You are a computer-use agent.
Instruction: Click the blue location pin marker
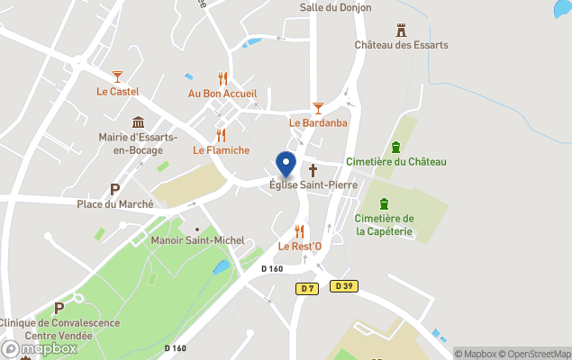coord(286,164)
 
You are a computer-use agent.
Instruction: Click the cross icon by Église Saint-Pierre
coord(313,169)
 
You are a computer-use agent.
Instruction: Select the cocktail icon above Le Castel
coord(117,77)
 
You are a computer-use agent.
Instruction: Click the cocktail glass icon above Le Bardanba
coord(317,107)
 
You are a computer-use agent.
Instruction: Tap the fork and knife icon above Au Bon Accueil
coord(222,79)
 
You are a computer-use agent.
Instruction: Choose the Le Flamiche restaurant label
coord(221,150)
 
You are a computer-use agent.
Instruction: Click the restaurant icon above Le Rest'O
coord(300,231)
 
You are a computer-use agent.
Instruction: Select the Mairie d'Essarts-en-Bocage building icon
coord(138,122)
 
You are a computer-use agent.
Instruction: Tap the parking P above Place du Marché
coord(114,189)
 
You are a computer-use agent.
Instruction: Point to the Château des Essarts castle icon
coord(401,30)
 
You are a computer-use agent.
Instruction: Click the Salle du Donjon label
coord(336,8)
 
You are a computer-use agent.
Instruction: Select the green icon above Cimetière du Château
coord(395,148)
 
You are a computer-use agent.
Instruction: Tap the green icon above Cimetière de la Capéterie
coord(384,203)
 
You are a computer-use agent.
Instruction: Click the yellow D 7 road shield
coord(307,288)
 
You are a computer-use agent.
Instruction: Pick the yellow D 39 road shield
coord(341,285)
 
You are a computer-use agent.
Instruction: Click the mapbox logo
coord(40,349)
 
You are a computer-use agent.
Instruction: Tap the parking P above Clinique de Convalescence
coord(59,307)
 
